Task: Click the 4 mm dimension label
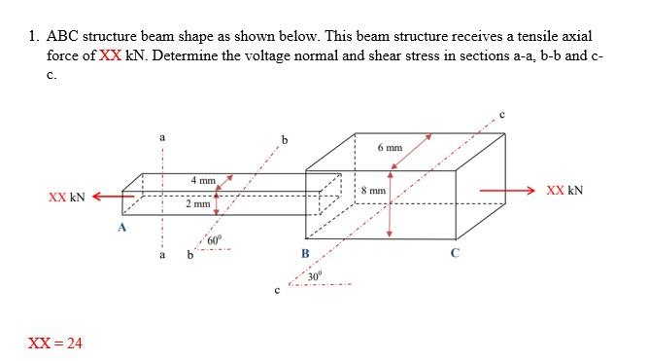tap(202, 181)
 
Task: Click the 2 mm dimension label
tap(197, 205)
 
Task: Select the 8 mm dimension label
tap(373, 191)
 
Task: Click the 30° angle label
tap(314, 277)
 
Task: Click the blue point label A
tap(121, 228)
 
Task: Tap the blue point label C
tap(453, 254)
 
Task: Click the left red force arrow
tap(111, 195)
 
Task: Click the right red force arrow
tap(506, 190)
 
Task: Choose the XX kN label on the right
tap(564, 190)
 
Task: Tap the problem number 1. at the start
tap(34, 37)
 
